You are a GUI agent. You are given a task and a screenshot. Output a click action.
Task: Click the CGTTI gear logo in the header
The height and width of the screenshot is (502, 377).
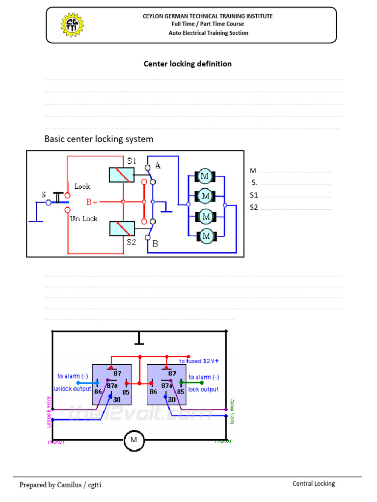coord(72,25)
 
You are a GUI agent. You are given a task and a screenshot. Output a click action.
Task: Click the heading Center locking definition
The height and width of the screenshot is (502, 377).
coord(187,64)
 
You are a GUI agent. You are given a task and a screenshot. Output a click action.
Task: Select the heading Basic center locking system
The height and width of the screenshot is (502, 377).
coord(99,139)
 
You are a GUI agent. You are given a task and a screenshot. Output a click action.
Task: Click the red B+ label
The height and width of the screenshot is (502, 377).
coord(92,201)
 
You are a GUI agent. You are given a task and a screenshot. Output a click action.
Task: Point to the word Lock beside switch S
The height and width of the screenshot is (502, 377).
coord(82,186)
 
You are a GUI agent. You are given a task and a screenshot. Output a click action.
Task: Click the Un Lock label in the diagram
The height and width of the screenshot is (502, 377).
coord(84,219)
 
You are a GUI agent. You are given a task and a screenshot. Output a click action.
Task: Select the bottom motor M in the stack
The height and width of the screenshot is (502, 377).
coord(206,236)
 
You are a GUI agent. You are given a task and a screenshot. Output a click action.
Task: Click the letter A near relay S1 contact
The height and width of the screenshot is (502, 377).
coord(158,166)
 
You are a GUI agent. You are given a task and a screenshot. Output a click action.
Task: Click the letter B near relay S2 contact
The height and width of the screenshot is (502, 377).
coord(155,243)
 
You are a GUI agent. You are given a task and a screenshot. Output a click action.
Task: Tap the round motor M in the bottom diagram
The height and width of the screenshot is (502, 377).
coord(134,440)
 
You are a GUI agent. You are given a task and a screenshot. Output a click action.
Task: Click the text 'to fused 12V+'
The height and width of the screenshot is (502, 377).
coord(199,361)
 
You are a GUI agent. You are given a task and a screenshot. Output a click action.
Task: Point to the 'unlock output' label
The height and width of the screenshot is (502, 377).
coord(72,389)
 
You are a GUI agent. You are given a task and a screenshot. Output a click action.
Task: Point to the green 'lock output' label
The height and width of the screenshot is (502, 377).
coord(203,389)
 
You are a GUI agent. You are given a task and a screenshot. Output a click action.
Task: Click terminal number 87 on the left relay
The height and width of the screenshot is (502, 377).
coord(117,374)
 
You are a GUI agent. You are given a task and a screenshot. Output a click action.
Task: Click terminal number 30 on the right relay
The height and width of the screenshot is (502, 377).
coord(171,400)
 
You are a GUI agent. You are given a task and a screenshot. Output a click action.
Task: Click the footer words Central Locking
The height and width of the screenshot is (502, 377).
coord(314,483)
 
